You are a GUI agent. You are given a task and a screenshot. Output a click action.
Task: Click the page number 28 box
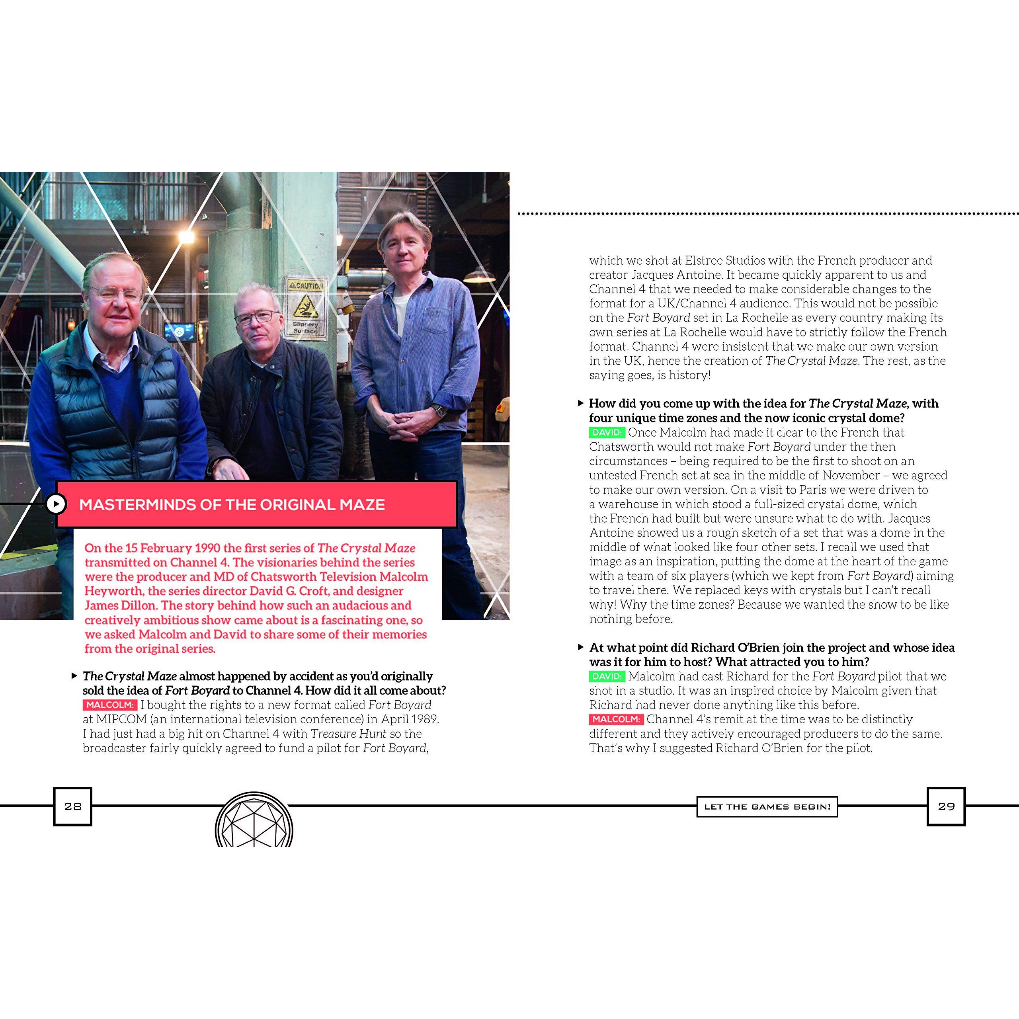73,806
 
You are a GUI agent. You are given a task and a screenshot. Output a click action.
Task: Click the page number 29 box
946,806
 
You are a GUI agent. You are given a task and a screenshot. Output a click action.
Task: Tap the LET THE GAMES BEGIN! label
767,806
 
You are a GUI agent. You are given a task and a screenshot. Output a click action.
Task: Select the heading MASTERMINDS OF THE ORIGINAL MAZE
232,505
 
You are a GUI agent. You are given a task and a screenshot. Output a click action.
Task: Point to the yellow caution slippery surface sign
306,308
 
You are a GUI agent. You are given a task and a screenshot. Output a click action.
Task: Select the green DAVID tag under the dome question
607,433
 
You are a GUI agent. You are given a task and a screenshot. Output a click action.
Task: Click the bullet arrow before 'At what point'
581,647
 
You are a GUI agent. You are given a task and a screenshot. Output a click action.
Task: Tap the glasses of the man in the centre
256,318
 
